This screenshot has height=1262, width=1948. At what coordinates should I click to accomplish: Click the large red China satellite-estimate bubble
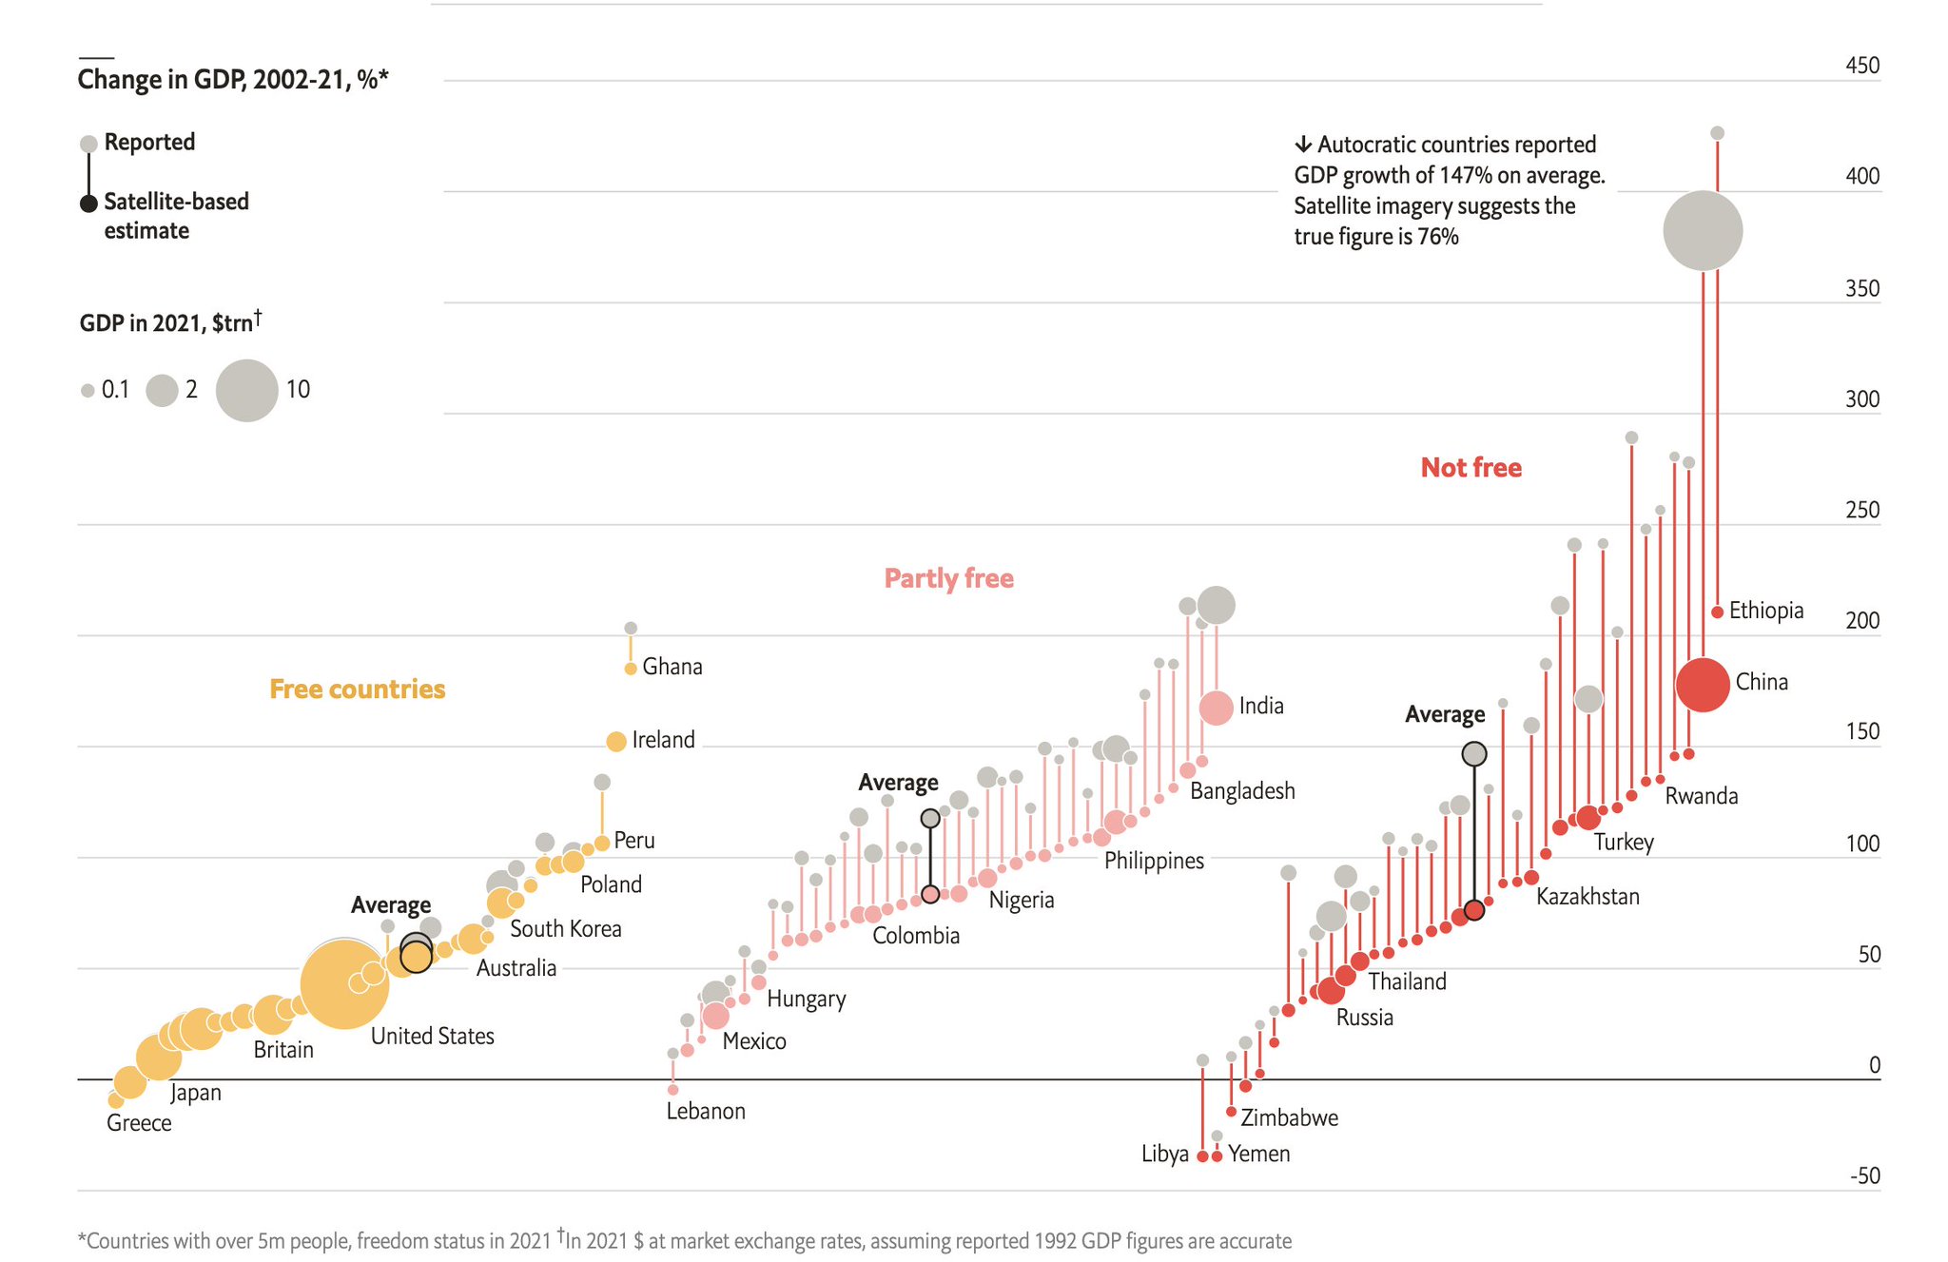[x=1702, y=684]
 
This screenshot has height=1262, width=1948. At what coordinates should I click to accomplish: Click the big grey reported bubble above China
[x=1702, y=230]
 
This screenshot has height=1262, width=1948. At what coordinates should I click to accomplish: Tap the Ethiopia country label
[x=1765, y=611]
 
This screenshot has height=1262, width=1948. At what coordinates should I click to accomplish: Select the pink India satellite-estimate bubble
[x=1216, y=708]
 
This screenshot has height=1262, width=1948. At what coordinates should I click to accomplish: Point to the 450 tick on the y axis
[x=1861, y=66]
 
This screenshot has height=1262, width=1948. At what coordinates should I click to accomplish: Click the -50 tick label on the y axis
[x=1864, y=1175]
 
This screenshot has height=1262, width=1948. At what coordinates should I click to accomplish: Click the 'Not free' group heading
[x=1471, y=468]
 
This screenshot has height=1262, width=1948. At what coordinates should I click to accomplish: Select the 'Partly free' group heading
[x=948, y=578]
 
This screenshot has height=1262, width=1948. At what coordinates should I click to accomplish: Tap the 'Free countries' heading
[x=357, y=689]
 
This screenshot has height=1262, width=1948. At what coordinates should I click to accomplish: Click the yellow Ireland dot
[x=615, y=741]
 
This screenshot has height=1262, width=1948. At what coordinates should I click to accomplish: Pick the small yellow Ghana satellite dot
[x=630, y=669]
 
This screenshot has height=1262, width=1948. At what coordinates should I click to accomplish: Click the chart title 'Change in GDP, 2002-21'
[x=233, y=79]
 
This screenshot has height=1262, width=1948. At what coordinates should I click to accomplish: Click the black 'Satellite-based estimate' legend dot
[x=88, y=203]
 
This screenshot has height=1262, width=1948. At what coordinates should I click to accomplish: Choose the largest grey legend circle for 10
[x=246, y=390]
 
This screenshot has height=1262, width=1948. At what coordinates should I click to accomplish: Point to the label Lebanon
[x=705, y=1111]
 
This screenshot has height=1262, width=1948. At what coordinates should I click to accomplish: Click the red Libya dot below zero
[x=1202, y=1156]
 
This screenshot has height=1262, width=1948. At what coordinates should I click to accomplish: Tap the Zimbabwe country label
[x=1289, y=1117]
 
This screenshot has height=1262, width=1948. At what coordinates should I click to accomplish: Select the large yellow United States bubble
[x=343, y=984]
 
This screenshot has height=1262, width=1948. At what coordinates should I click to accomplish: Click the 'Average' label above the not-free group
[x=1444, y=714]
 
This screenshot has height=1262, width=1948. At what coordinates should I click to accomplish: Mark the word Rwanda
[x=1701, y=796]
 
